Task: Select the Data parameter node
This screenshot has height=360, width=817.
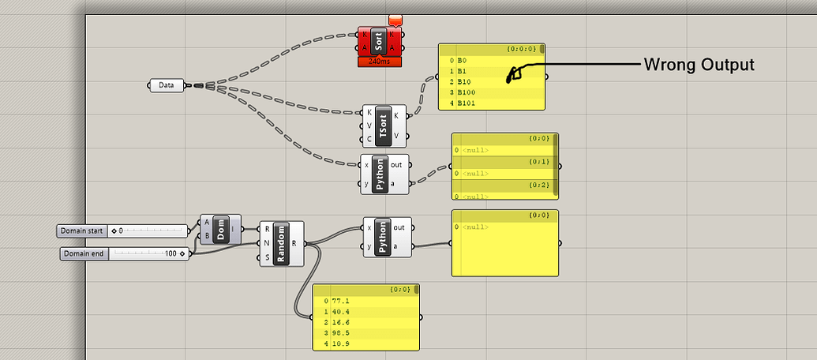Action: click(167, 84)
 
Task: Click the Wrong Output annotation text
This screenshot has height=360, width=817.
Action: click(699, 65)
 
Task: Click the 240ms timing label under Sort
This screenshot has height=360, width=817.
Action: click(380, 61)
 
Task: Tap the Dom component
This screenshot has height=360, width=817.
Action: click(222, 229)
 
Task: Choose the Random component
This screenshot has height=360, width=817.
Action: click(282, 243)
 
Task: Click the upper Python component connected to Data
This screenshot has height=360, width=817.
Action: click(383, 174)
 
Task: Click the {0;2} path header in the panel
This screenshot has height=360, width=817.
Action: click(538, 185)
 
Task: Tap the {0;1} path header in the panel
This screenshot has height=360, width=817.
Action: click(538, 161)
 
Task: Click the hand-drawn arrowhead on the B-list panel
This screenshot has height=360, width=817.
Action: click(512, 76)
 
